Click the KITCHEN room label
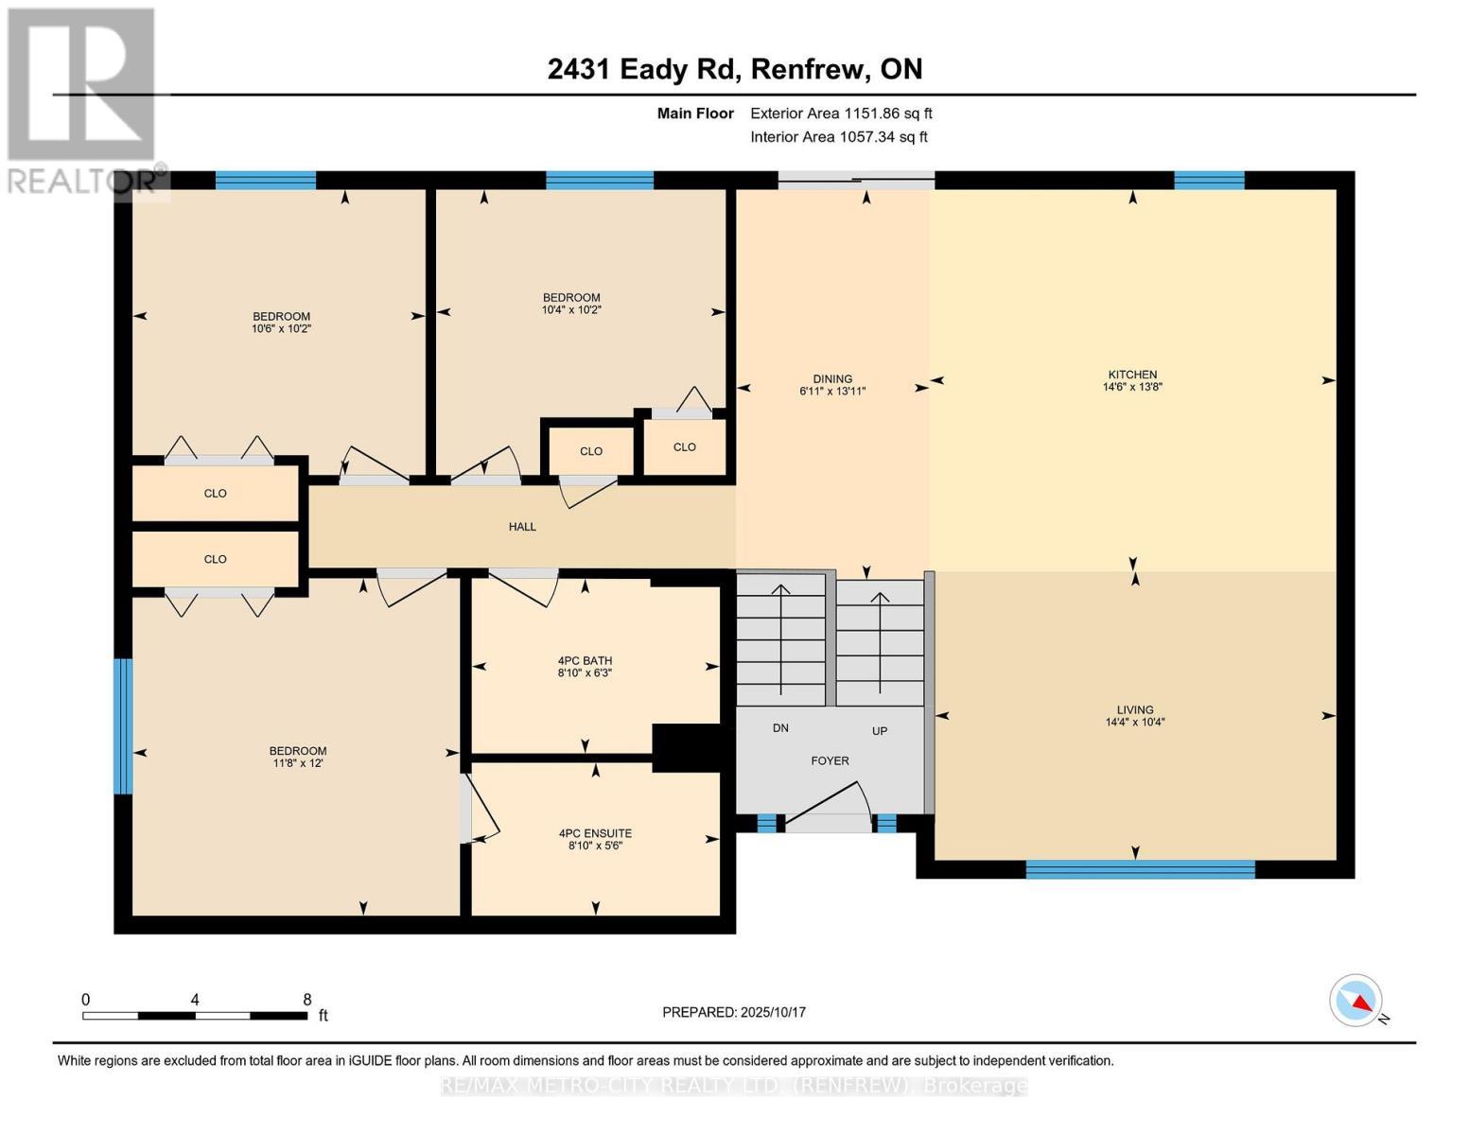pyautogui.click(x=1132, y=375)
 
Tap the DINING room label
pyautogui.click(x=832, y=378)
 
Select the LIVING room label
pyautogui.click(x=1135, y=709)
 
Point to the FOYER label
pyautogui.click(x=830, y=760)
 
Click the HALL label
pyautogui.click(x=522, y=527)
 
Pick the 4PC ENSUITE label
pyautogui.click(x=595, y=833)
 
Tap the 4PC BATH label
pyautogui.click(x=585, y=661)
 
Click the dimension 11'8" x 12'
pyautogui.click(x=298, y=763)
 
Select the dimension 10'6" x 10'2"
pyautogui.click(x=281, y=329)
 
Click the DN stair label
pyautogui.click(x=780, y=728)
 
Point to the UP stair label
pyautogui.click(x=880, y=731)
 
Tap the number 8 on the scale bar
pyautogui.click(x=306, y=1000)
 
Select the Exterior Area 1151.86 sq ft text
pyautogui.click(x=841, y=113)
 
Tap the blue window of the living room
pyautogui.click(x=1140, y=869)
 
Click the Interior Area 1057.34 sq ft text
pyautogui.click(x=838, y=137)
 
